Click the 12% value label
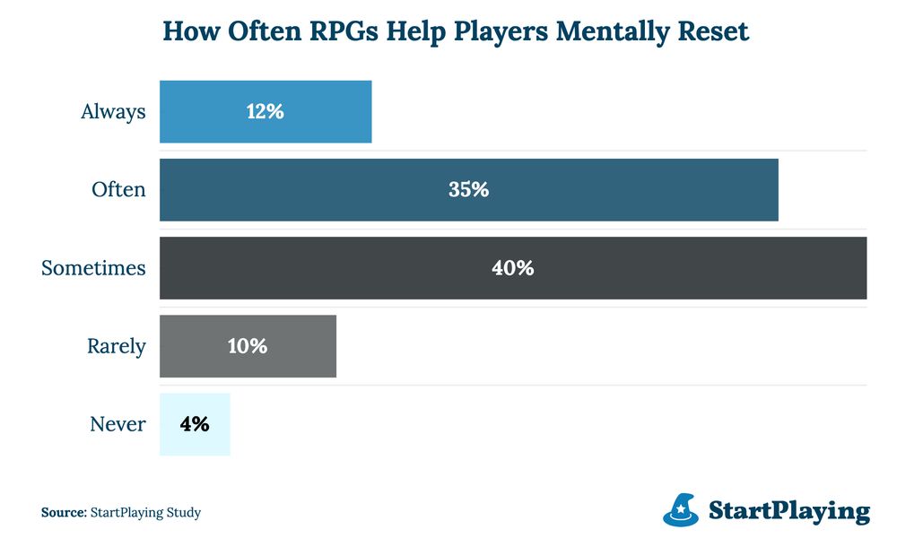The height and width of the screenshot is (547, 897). (266, 112)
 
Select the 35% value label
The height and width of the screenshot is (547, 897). (468, 190)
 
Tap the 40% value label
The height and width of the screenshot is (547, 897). (513, 268)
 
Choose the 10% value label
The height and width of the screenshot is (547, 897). (248, 346)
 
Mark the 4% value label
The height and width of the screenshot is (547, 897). (195, 424)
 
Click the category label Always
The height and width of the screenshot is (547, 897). (113, 112)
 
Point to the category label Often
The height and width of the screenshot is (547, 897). (118, 190)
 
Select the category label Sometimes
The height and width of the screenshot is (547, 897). (93, 268)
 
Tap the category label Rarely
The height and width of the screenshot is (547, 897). (117, 346)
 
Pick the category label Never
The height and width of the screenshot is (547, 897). (118, 424)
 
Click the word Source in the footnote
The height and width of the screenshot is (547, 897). (63, 513)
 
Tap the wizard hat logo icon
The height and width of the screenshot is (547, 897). (682, 509)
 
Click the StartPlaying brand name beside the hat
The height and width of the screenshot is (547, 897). (789, 511)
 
